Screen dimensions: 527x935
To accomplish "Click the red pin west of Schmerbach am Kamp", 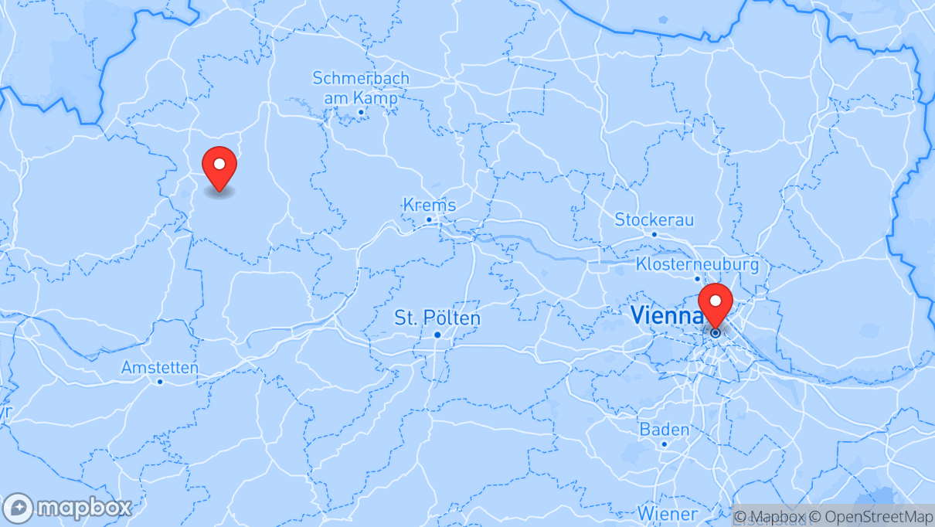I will tap(219, 165).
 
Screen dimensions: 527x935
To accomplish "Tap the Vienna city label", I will tap(666, 315).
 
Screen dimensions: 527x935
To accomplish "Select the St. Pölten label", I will tap(437, 318).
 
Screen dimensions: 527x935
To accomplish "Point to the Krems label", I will tap(429, 206).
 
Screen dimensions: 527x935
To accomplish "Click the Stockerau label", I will tap(654, 219).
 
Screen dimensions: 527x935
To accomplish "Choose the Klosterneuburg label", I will tap(697, 264).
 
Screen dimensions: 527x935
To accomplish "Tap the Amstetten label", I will tap(159, 368).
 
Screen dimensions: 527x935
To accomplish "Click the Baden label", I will tap(664, 430).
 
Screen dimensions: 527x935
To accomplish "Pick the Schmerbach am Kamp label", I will tap(361, 88).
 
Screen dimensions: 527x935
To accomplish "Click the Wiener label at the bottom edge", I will tap(668, 514).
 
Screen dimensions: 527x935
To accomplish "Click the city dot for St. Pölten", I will tap(437, 335).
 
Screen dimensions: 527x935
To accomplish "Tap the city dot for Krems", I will tap(429, 219).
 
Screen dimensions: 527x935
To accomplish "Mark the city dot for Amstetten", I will tap(160, 381).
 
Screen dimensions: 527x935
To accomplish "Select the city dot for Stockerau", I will tap(654, 234).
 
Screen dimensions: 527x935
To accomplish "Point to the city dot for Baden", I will tap(664, 444).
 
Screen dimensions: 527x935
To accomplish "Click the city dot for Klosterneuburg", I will tap(697, 279).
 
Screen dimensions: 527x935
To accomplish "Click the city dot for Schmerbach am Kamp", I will tap(361, 112).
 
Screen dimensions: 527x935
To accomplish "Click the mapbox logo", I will tap(67, 508).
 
